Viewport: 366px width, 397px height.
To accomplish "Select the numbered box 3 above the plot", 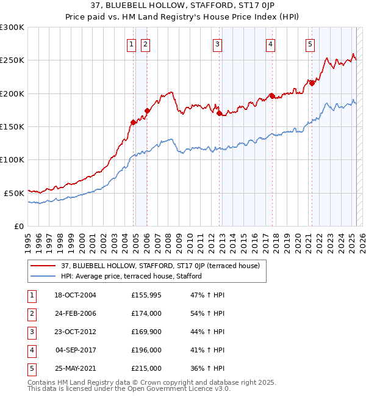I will click(217, 44).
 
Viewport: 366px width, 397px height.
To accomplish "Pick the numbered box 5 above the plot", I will click(310, 44).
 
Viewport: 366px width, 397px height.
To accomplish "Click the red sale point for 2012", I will click(218, 113).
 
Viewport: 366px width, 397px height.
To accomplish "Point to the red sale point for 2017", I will click(271, 96).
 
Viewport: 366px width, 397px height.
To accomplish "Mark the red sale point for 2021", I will click(312, 84).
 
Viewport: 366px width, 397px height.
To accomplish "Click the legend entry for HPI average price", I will click(131, 277).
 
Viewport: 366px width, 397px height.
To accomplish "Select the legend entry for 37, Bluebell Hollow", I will click(160, 266).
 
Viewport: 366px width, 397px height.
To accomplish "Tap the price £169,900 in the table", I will click(146, 332).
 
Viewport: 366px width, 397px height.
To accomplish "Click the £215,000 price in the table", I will click(146, 368).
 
